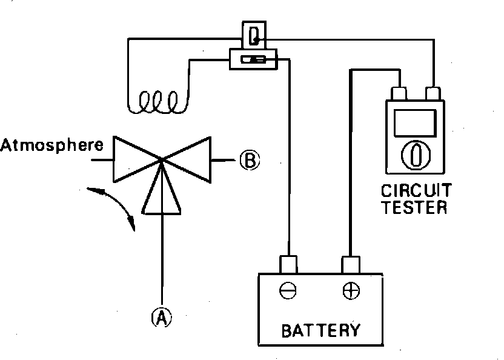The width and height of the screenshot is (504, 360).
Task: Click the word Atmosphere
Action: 52,145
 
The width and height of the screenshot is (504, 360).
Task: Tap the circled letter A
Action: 161,317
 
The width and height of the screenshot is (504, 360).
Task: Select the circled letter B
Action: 250,160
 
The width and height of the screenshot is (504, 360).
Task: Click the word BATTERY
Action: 321,330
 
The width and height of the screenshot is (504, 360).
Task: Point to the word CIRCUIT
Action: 416,190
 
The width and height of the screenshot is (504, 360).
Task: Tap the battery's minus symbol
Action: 288,290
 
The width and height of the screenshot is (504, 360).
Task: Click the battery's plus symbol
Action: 351,290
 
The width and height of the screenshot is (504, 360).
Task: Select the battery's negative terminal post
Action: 288,265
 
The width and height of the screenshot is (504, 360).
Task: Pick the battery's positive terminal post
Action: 351,265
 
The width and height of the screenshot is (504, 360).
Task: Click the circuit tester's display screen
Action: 415,123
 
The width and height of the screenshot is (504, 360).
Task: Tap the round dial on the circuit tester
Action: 416,155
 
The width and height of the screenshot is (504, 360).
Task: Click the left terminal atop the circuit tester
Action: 399,93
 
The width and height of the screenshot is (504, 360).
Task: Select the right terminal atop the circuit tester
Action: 433,93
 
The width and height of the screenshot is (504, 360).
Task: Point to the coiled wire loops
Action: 157,102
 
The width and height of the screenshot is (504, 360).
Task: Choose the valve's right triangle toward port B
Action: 187,159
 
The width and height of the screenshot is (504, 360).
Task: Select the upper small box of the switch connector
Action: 254,35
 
